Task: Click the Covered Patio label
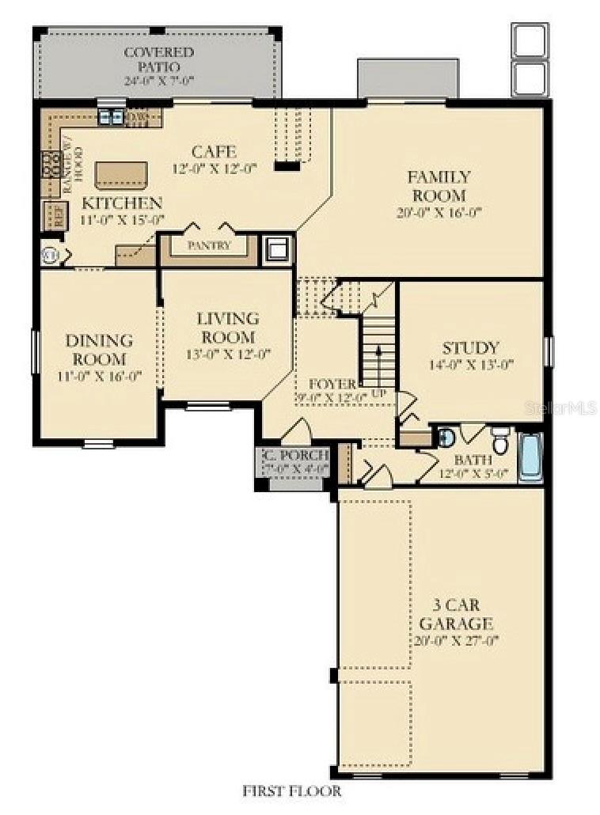[x=158, y=60]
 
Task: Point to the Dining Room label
[x=99, y=350]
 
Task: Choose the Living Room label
[x=227, y=327]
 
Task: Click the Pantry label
[x=209, y=245]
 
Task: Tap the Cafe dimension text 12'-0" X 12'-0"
[x=215, y=169]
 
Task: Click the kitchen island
[x=121, y=173]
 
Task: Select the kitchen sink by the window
[x=111, y=118]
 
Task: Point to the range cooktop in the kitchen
[x=51, y=165]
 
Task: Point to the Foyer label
[x=334, y=384]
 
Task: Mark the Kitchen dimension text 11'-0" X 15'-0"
[x=123, y=220]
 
